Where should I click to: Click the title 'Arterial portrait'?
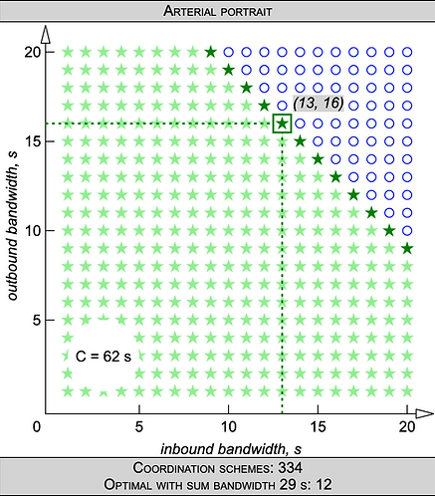click(x=218, y=11)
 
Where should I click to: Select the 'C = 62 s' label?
click(x=104, y=357)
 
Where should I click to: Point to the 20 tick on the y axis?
click(x=50, y=52)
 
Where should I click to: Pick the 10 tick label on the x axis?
click(x=228, y=426)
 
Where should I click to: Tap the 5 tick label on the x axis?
click(x=139, y=426)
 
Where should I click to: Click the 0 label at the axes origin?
click(x=37, y=426)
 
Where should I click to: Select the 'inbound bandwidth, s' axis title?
click(x=231, y=449)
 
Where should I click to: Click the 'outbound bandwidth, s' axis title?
click(x=12, y=226)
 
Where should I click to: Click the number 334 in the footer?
click(x=291, y=468)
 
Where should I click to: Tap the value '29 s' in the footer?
click(x=292, y=484)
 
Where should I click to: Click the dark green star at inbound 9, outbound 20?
click(x=211, y=52)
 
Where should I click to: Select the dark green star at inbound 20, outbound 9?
click(x=407, y=248)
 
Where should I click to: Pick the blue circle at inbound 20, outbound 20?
click(x=407, y=52)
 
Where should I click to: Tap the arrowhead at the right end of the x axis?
click(x=424, y=413)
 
